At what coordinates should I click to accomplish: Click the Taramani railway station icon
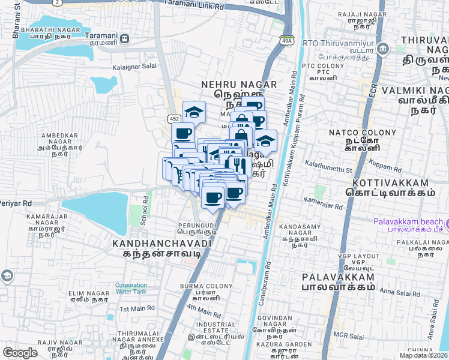124,39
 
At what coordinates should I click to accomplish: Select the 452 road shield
174,119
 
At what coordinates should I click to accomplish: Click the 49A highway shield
286,39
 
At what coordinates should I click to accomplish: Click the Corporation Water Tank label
131,289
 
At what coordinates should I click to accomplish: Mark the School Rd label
144,210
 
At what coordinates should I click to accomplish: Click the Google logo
20,353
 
